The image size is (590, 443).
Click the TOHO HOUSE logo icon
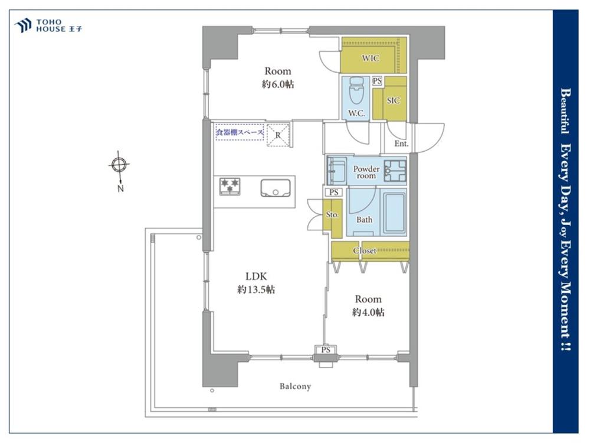[22, 25]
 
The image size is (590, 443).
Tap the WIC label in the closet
[371, 58]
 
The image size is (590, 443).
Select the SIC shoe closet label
[393, 100]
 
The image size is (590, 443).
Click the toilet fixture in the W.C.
[356, 90]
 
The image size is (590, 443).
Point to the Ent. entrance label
[401, 144]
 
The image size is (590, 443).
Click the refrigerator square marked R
[278, 135]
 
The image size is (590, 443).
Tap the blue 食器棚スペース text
[240, 132]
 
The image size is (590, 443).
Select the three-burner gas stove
[230, 187]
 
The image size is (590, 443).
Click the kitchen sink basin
[276, 188]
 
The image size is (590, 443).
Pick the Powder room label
[366, 172]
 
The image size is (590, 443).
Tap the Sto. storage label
[332, 215]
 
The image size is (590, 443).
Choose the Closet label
[364, 250]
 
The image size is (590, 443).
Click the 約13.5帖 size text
[256, 289]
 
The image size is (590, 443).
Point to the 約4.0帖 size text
[368, 312]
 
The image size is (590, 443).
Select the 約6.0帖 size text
[278, 84]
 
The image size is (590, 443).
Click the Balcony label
[296, 386]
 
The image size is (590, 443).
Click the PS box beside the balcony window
[326, 350]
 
